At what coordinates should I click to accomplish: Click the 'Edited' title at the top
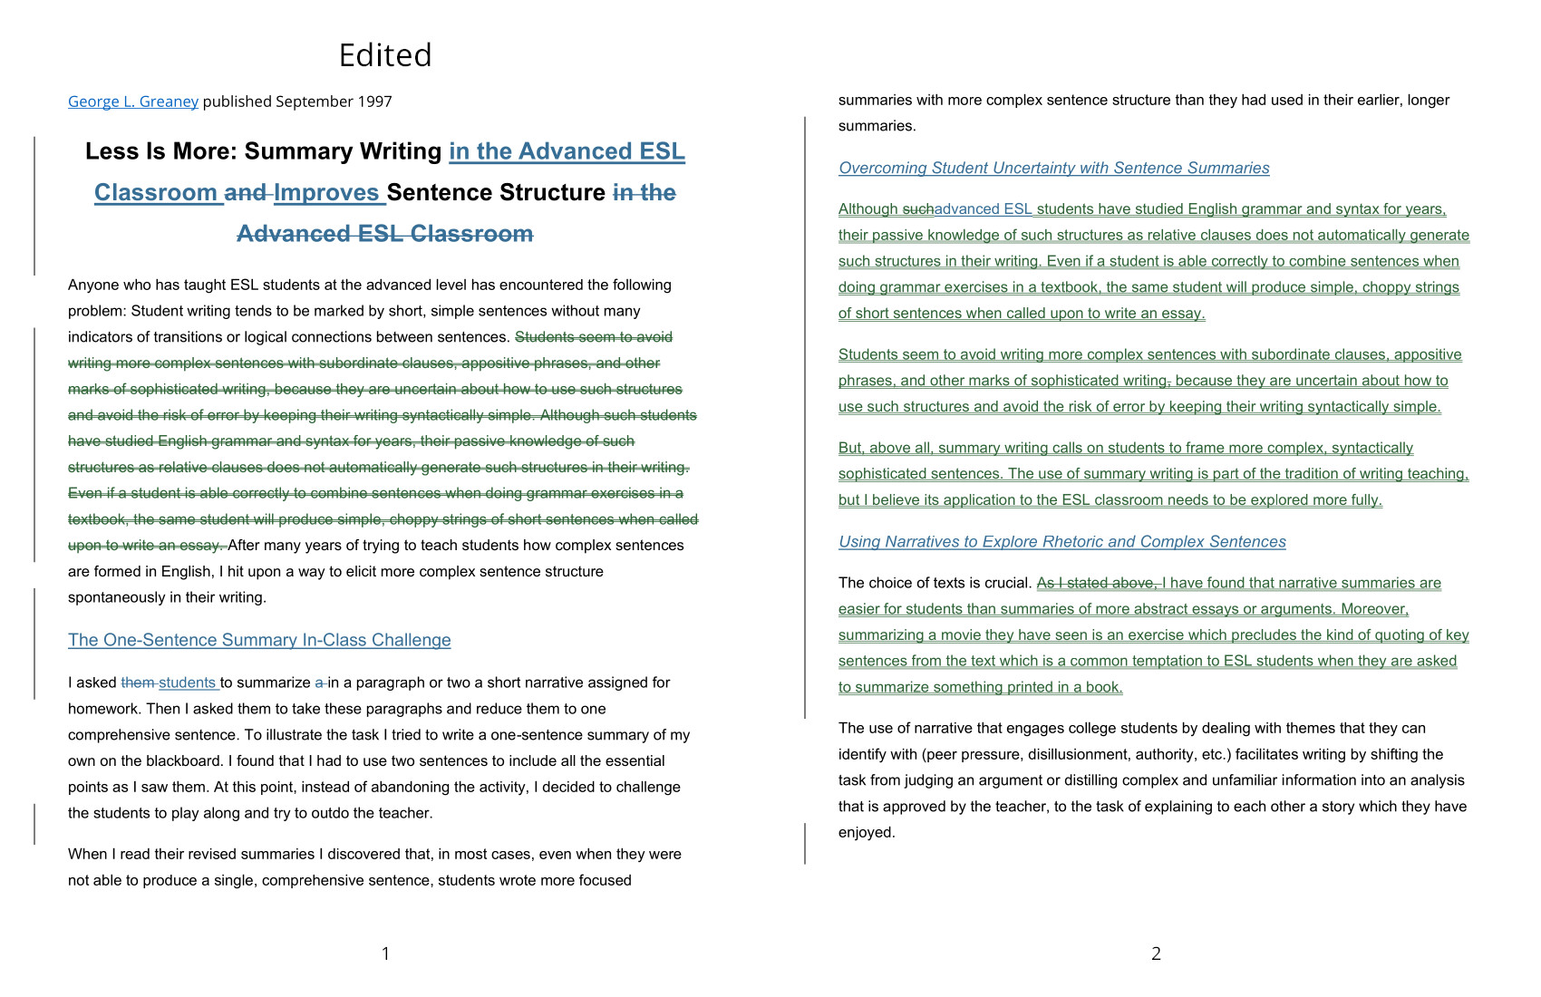pyautogui.click(x=385, y=55)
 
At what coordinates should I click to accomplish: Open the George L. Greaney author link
pyautogui.click(x=133, y=102)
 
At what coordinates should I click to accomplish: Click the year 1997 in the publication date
pyautogui.click(x=374, y=102)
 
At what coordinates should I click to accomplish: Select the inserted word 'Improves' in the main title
pyautogui.click(x=326, y=193)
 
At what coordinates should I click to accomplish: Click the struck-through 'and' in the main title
pyautogui.click(x=245, y=193)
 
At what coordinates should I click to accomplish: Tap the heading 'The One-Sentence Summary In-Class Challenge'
pyautogui.click(x=259, y=640)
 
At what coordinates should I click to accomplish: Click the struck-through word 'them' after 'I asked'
pyautogui.click(x=137, y=682)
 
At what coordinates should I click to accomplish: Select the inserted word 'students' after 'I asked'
pyautogui.click(x=187, y=682)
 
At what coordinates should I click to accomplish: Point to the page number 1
pyautogui.click(x=385, y=953)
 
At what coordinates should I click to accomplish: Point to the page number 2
pyautogui.click(x=1156, y=953)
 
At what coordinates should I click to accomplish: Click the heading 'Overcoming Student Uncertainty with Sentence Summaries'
pyautogui.click(x=1053, y=168)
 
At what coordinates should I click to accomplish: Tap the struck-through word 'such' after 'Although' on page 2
pyautogui.click(x=917, y=209)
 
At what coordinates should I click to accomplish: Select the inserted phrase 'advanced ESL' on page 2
pyautogui.click(x=983, y=209)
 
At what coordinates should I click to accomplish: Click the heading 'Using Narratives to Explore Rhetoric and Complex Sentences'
pyautogui.click(x=1061, y=542)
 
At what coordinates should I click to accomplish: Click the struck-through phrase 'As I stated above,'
pyautogui.click(x=1096, y=583)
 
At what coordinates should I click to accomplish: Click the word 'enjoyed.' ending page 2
pyautogui.click(x=867, y=833)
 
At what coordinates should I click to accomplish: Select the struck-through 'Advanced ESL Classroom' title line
pyautogui.click(x=385, y=234)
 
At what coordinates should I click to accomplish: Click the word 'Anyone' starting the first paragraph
pyautogui.click(x=92, y=285)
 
